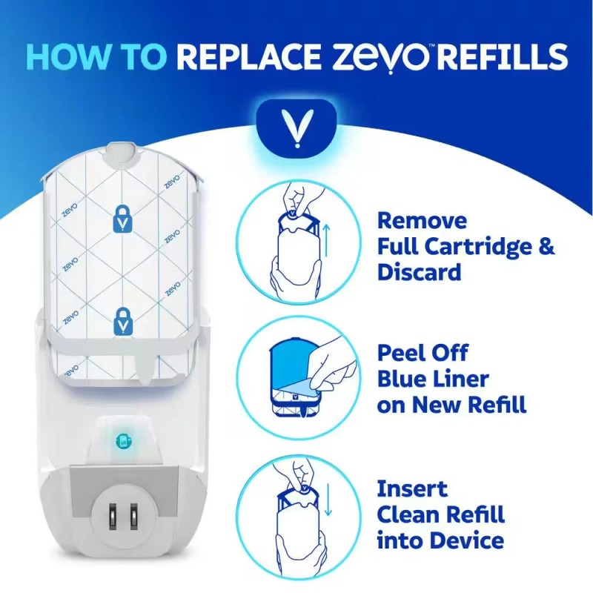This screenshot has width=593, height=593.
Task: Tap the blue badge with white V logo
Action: [296, 127]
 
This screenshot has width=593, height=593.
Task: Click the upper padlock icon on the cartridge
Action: [122, 217]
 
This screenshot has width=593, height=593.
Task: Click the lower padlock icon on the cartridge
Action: [122, 321]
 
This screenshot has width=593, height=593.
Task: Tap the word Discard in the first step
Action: [420, 272]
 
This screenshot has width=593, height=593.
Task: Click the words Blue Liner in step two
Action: [434, 379]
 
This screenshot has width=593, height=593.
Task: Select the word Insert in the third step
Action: [412, 489]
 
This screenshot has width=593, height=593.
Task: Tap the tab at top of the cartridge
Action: [122, 153]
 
